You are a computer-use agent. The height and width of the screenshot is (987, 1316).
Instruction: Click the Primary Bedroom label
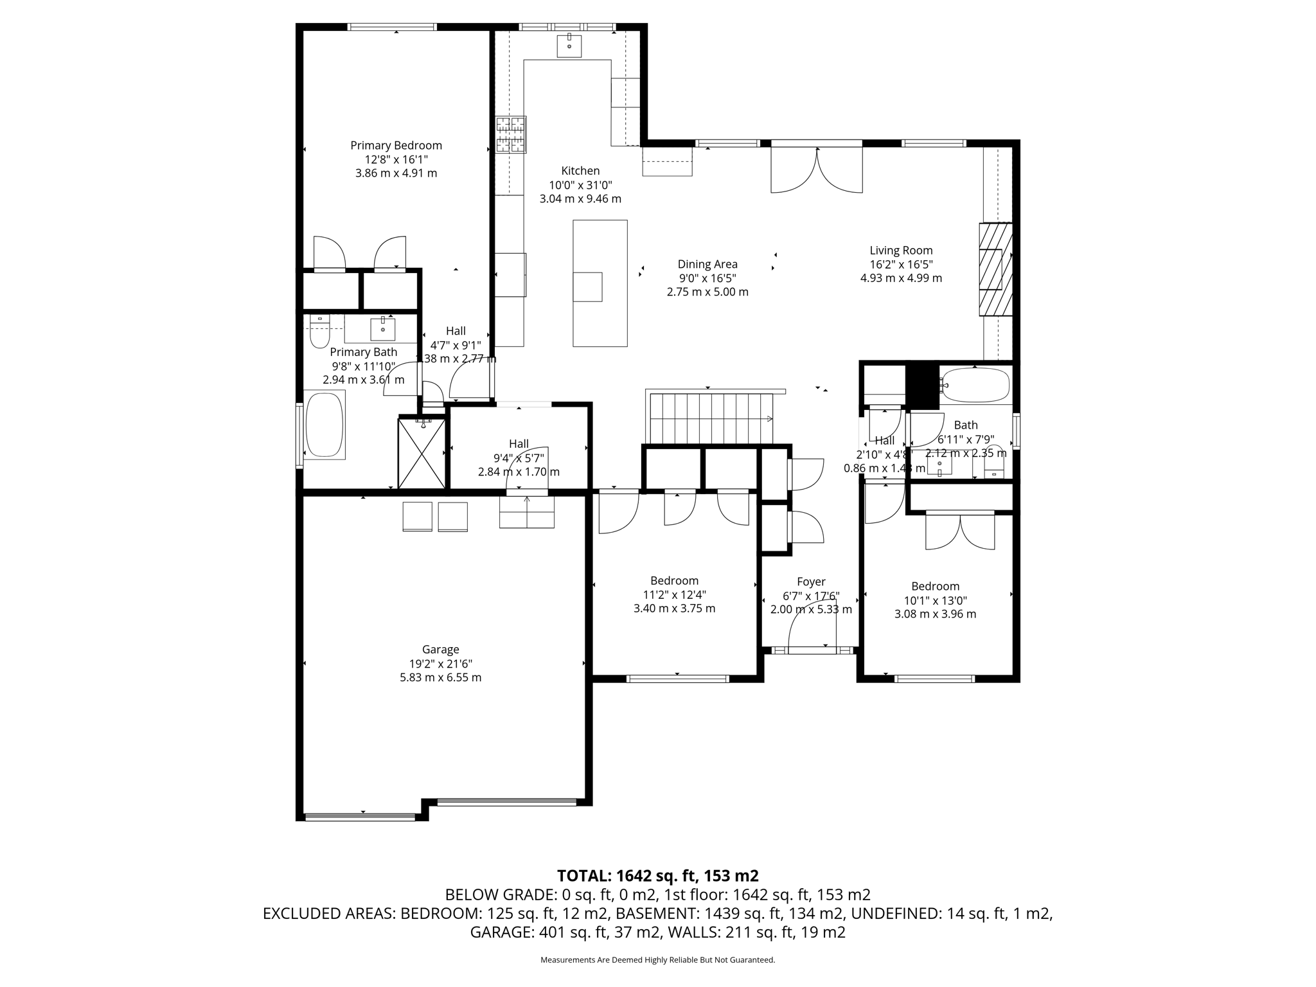click(396, 146)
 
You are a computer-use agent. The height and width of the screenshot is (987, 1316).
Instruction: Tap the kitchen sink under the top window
click(569, 46)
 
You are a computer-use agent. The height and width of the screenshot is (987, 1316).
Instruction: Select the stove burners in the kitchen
click(511, 134)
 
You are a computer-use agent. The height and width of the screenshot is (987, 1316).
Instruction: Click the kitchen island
click(600, 283)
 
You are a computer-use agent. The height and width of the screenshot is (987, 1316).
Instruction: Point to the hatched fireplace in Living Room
click(995, 269)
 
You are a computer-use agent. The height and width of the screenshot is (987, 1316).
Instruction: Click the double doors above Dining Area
click(816, 170)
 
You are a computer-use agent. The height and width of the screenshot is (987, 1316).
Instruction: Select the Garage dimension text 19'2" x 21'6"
click(440, 664)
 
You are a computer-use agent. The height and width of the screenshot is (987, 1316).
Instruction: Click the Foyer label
click(811, 582)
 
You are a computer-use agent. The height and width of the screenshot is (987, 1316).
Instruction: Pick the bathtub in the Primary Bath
click(325, 425)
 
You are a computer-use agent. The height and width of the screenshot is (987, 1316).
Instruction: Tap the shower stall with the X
click(422, 453)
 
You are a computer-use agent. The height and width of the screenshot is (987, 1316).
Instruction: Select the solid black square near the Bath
click(922, 386)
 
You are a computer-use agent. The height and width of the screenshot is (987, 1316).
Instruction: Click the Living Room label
click(901, 251)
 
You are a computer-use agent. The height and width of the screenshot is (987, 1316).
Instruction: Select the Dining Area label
click(707, 264)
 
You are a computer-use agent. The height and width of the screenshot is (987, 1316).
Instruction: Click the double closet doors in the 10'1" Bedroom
click(960, 531)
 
